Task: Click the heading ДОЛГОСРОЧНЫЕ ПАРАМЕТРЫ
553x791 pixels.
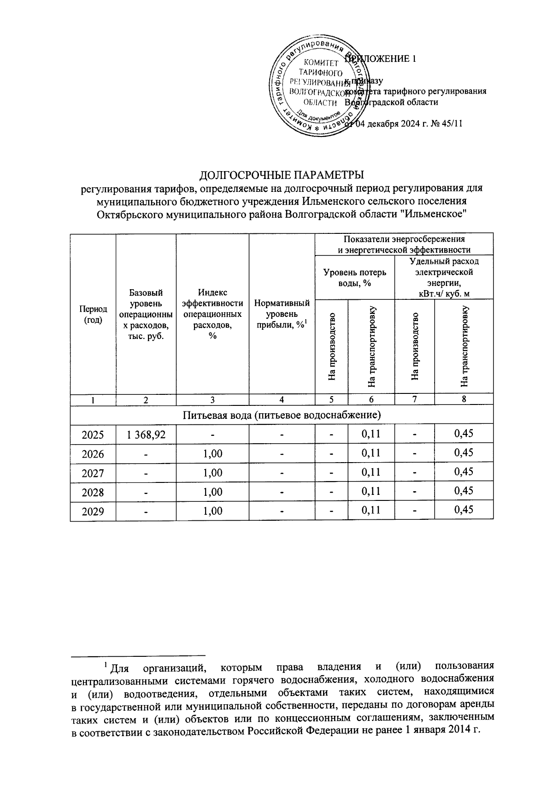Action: coord(281,175)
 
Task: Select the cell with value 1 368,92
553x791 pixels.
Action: coord(146,434)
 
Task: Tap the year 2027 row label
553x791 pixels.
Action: coord(93,473)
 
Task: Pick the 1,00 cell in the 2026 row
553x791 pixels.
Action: coord(212,453)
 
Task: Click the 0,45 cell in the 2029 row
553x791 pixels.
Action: coord(464,510)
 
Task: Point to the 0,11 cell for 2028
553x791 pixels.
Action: coord(371,492)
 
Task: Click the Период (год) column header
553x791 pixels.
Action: coord(93,314)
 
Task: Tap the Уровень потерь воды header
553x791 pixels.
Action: coord(354,277)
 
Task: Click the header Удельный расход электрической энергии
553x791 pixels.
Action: coord(444,277)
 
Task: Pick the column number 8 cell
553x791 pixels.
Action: coord(464,399)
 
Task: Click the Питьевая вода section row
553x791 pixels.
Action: coord(281,415)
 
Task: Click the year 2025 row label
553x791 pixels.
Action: coord(93,434)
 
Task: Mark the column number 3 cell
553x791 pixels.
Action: coord(212,400)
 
